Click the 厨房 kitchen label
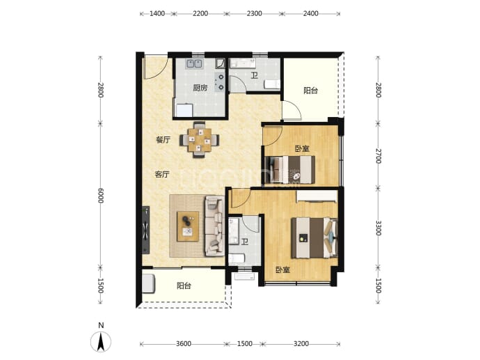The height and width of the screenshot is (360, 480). coord(200,88)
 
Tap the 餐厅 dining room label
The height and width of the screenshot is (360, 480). coord(163,140)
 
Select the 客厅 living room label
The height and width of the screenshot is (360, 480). coord(162,175)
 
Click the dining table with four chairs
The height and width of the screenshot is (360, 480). coord(199,140)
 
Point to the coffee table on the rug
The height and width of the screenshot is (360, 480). coord(188,226)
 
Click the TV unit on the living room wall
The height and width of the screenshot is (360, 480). coord(145,230)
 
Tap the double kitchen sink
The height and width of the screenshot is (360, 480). coord(194,63)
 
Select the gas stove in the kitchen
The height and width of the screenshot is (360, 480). coord(220,82)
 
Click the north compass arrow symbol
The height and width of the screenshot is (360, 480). coord(100,341)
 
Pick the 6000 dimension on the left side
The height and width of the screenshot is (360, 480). coord(101,196)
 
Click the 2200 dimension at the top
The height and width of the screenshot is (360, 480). coord(200,13)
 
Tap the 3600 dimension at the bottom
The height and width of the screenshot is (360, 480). coord(184,344)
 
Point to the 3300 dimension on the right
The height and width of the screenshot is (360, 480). coord(378,228)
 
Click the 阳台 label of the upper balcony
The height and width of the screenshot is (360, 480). coord(311,91)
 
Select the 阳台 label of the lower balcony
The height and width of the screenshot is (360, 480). coord(184,286)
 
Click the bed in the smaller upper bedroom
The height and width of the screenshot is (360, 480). coord(290,170)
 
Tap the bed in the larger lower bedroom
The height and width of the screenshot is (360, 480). coord(314,237)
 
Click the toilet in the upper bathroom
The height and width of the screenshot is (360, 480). coord(272,84)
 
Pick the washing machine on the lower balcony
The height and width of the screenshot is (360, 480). coord(149,283)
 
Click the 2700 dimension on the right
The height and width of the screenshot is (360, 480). coord(378,156)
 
